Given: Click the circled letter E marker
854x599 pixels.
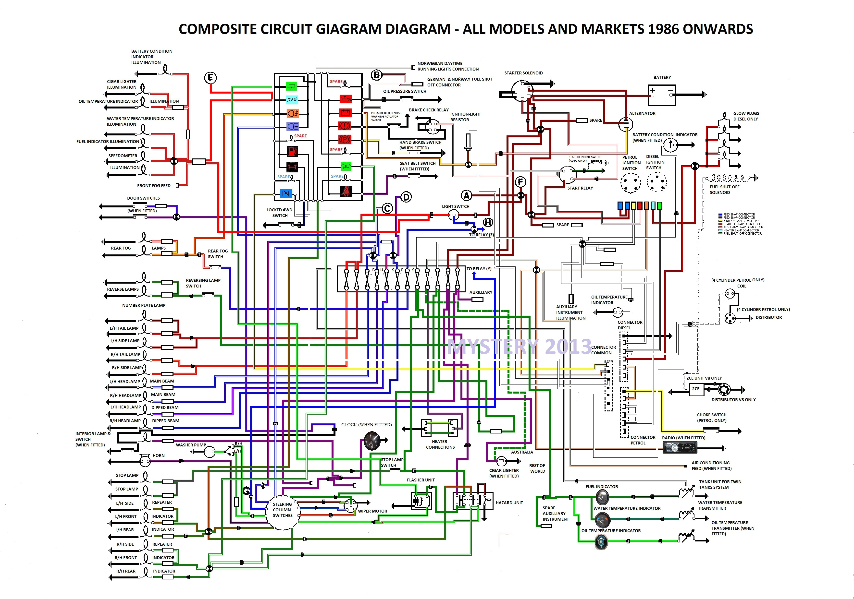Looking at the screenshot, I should click(x=210, y=78).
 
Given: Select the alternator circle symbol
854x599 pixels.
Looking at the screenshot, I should click(x=626, y=124).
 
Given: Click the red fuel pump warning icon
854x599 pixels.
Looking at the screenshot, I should click(x=292, y=151).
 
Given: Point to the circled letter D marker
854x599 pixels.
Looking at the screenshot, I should click(x=406, y=197).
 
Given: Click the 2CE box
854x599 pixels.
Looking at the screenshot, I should click(x=695, y=389).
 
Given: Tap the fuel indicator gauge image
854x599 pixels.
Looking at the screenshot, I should click(x=601, y=497).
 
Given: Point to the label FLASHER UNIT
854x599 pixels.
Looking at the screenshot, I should click(x=421, y=480).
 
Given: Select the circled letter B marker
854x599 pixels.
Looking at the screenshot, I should click(x=376, y=75).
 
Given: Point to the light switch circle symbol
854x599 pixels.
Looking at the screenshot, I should click(x=454, y=215).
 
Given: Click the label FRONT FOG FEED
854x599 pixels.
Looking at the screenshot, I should click(x=154, y=186).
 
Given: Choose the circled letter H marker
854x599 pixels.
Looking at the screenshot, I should click(x=488, y=222).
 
